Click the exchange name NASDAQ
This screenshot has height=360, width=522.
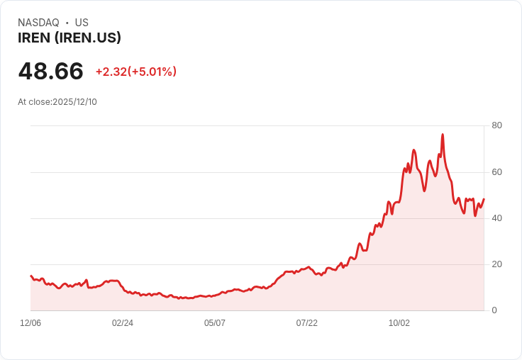(x=38, y=23)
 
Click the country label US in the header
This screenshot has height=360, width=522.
(x=82, y=23)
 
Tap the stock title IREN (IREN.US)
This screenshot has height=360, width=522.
(x=70, y=38)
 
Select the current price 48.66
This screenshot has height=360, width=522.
(x=50, y=72)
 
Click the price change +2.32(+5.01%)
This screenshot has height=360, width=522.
(x=135, y=72)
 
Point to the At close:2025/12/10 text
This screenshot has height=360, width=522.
(x=57, y=101)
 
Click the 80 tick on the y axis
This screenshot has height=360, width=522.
(x=496, y=125)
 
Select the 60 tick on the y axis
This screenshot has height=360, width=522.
(x=496, y=171)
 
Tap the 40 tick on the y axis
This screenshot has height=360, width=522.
(x=496, y=218)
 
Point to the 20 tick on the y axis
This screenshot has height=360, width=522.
(x=496, y=264)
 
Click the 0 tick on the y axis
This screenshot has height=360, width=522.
(x=494, y=310)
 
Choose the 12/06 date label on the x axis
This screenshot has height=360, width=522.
(x=30, y=322)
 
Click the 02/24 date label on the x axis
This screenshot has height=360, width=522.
(x=123, y=322)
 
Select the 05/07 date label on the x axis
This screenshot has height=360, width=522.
(x=215, y=322)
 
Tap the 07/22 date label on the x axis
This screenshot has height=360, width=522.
(x=307, y=322)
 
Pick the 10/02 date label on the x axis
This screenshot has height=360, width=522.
(x=399, y=322)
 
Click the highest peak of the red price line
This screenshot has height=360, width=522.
(x=443, y=134)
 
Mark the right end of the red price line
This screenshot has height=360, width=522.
(x=484, y=199)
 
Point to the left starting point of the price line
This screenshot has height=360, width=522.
(x=30, y=276)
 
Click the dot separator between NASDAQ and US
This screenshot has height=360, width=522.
(x=67, y=23)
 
